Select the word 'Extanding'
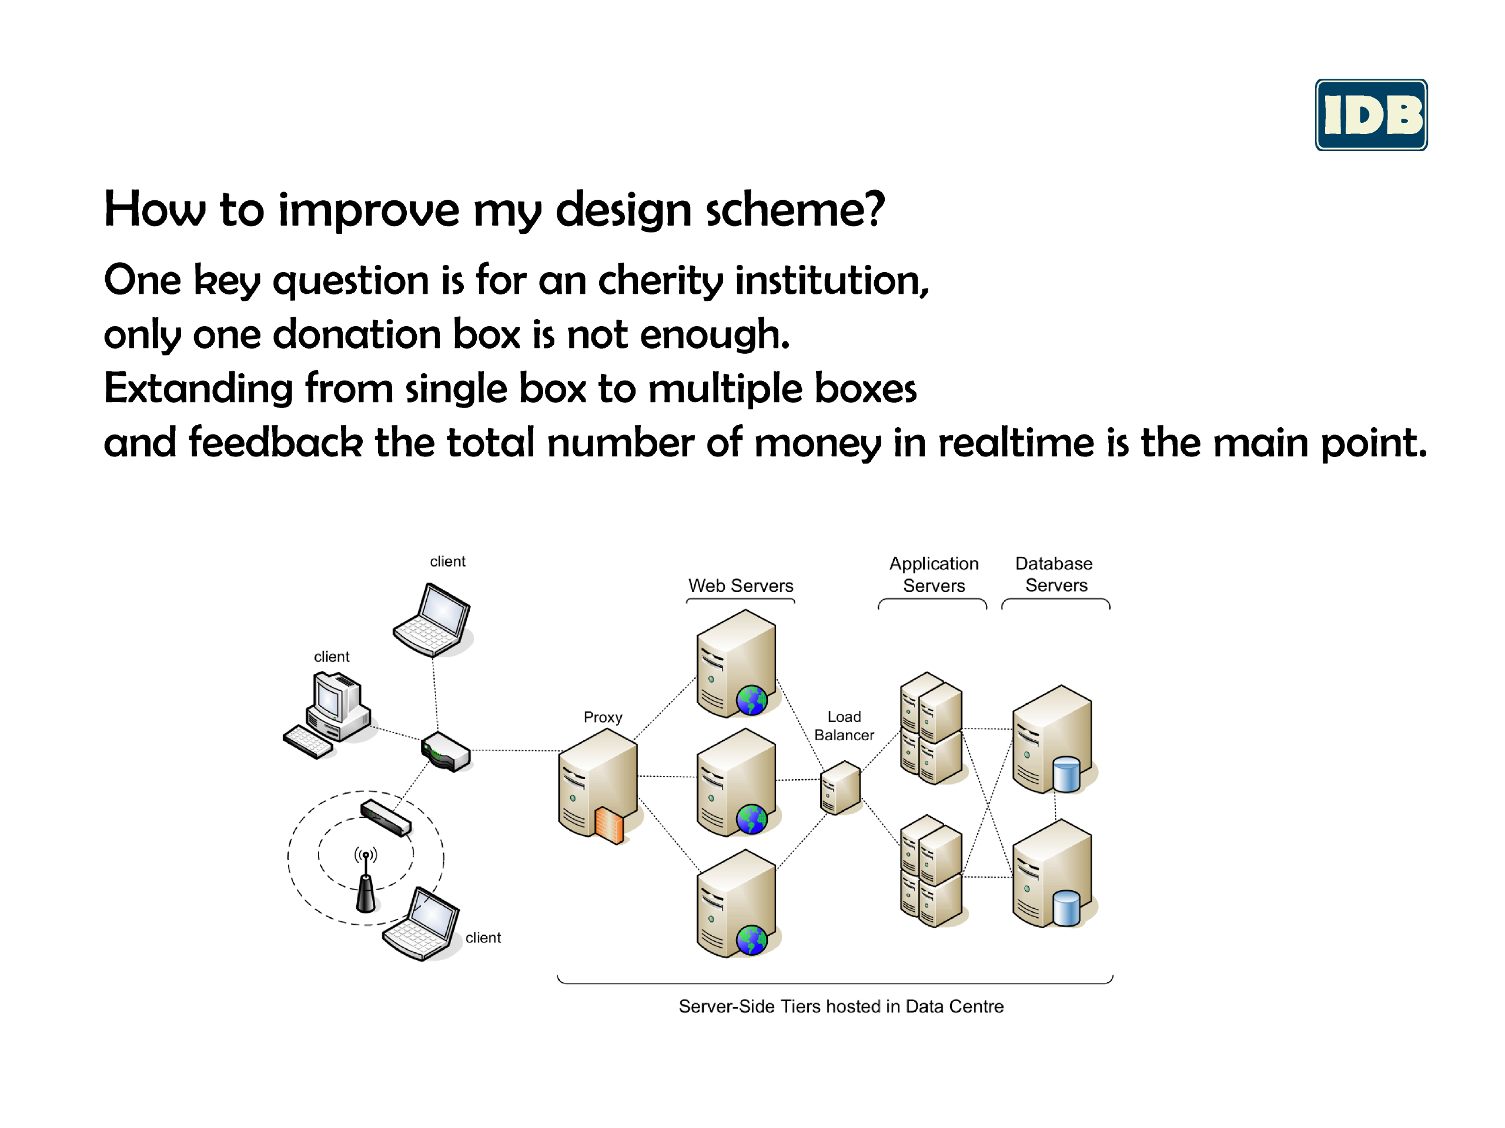click(199, 389)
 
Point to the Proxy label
click(603, 717)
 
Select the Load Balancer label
click(844, 726)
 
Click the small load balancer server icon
click(840, 787)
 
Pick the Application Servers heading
click(934, 575)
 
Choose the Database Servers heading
click(1055, 575)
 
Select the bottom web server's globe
click(752, 941)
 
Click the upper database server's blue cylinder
click(1066, 774)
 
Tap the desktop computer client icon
click(328, 714)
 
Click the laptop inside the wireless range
click(422, 924)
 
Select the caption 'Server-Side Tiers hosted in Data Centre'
click(841, 1006)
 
